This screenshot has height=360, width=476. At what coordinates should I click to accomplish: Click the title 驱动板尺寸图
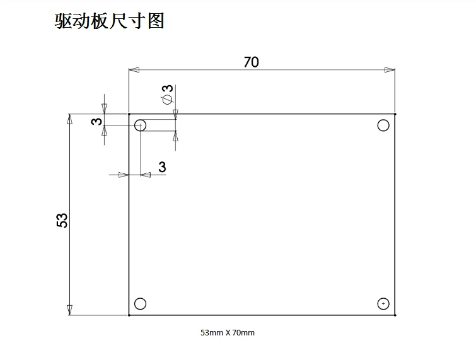[110, 21]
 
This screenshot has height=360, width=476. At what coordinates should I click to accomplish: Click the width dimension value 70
[251, 62]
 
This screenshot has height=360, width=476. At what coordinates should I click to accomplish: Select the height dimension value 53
[62, 220]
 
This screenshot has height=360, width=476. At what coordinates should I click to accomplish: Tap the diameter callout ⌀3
[167, 94]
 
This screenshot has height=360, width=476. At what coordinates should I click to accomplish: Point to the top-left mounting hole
[140, 125]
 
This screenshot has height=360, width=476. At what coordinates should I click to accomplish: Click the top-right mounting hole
[383, 125]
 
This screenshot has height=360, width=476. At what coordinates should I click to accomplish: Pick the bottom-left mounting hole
[140, 304]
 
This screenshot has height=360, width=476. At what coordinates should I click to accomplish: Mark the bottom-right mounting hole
[383, 304]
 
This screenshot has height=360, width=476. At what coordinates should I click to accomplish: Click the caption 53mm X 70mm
[228, 332]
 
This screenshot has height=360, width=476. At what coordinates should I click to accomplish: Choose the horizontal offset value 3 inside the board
[162, 167]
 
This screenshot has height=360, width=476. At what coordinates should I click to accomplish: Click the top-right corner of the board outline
[395, 114]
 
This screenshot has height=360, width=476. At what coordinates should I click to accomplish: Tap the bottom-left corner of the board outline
[129, 315]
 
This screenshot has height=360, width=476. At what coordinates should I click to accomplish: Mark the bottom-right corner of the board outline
[395, 315]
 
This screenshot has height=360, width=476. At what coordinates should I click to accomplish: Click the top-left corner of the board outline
[129, 114]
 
